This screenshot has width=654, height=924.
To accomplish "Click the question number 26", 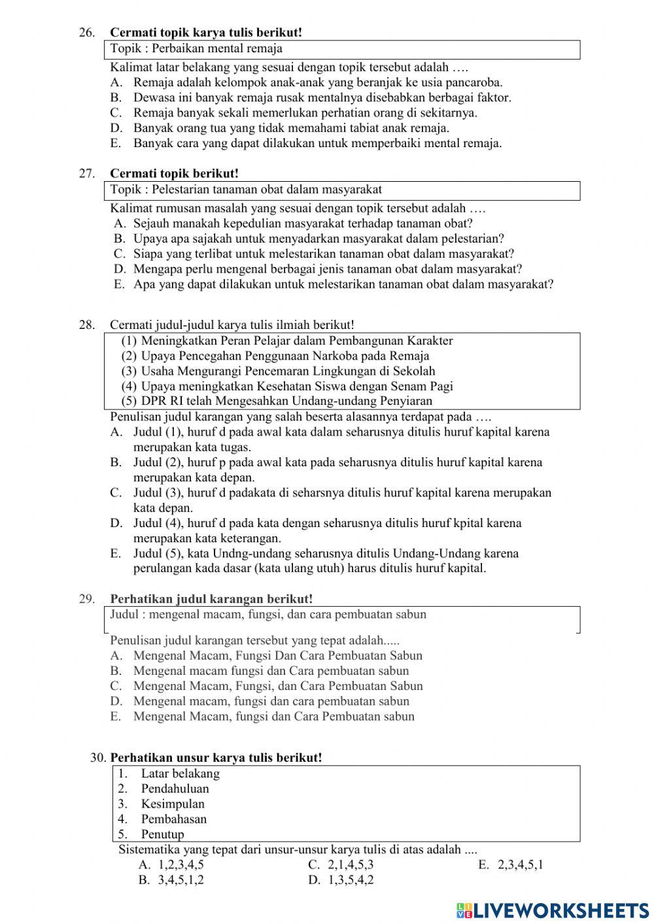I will pos(86,33).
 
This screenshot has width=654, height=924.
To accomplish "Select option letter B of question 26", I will pos(116,98).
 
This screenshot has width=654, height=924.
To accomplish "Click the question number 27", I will pos(86,174).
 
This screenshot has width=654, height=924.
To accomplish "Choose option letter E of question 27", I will pos(118,284).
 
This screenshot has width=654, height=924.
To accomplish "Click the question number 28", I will pos(86,325).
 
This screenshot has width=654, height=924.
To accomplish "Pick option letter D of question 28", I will pos(116,523).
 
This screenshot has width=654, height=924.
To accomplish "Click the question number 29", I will pos(86,599).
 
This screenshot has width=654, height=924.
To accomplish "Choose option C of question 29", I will pos(116,686).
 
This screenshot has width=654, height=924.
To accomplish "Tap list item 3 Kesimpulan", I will pos(173,804).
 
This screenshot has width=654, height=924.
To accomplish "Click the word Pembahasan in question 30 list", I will pos(174,819).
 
